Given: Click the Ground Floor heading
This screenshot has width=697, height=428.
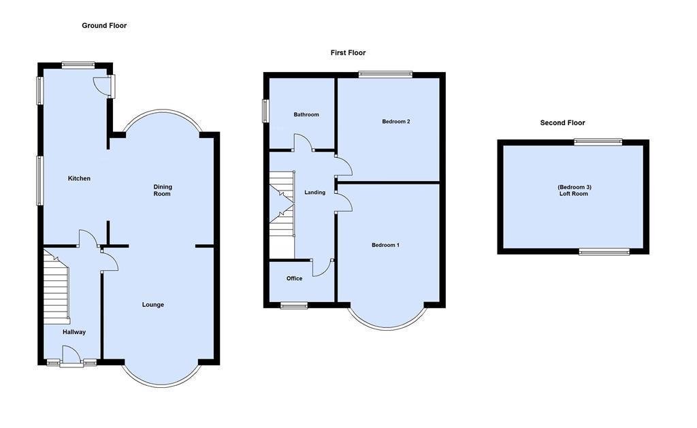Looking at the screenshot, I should coord(104,26).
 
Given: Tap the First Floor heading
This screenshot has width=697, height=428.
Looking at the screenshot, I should coord(348,53).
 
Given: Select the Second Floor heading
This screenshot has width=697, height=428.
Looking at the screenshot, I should coord(562,123).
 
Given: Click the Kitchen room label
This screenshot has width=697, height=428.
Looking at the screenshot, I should coord(79,179).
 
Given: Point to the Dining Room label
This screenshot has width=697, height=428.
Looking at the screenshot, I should coord(162,191).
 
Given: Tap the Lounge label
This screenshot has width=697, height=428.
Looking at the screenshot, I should coord(153,305).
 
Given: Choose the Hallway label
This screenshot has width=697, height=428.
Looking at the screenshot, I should coord(74,332).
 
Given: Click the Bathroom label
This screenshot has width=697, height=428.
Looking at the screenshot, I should coord(306,115).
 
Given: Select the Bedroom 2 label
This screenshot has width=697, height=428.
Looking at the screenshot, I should coord(395,122).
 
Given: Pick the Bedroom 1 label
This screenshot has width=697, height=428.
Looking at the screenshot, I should coord(385,245).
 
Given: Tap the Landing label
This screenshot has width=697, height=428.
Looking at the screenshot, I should coord(315,193).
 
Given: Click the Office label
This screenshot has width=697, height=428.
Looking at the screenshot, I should coord(294,278).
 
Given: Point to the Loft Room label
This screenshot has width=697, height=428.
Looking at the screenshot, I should coord(572,191).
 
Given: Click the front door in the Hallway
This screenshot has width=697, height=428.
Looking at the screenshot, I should coord(70,356).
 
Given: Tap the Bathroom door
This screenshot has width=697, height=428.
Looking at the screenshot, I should coord(302,143).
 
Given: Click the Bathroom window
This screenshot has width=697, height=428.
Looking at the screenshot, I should coord(266,111).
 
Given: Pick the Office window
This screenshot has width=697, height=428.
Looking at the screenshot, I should coord(294,306).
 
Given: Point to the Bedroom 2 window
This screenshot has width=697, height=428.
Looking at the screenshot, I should coord(386,74).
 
